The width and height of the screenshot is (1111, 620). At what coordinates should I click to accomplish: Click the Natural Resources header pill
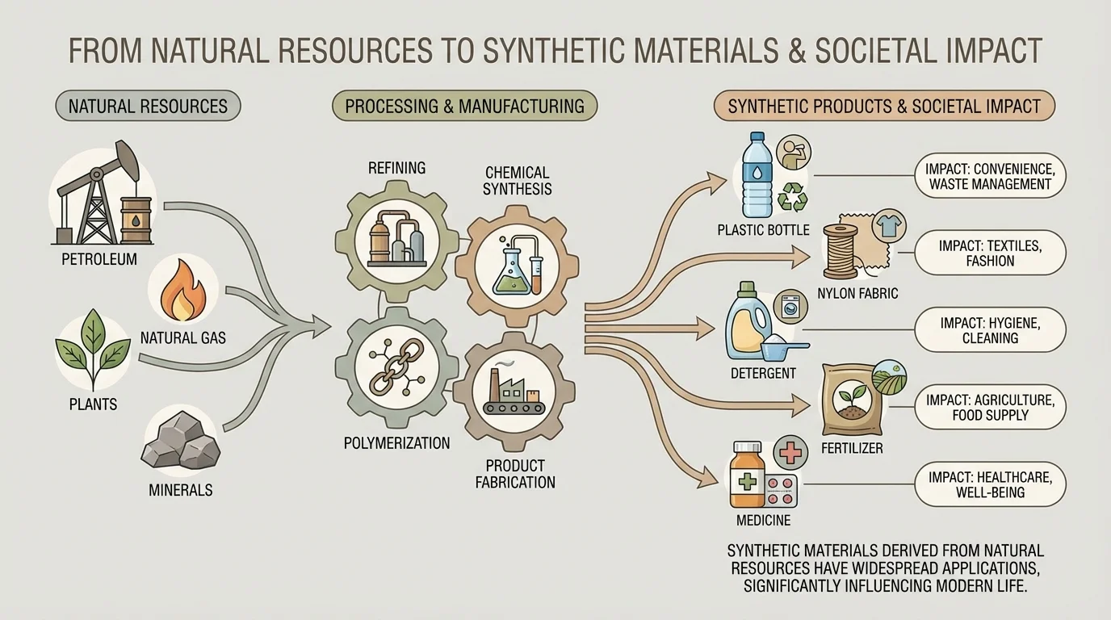(x=148, y=106)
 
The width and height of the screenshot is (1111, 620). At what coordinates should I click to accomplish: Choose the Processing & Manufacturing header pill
(x=464, y=106)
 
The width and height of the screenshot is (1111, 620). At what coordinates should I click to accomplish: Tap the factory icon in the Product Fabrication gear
(x=514, y=391)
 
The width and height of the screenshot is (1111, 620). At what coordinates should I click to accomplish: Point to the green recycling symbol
(x=791, y=196)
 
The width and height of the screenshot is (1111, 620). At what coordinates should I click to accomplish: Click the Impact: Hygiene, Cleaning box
(x=990, y=330)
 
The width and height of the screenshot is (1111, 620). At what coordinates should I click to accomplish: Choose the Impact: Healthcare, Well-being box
(x=990, y=484)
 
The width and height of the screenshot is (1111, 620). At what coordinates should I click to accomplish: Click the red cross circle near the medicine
(x=792, y=453)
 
